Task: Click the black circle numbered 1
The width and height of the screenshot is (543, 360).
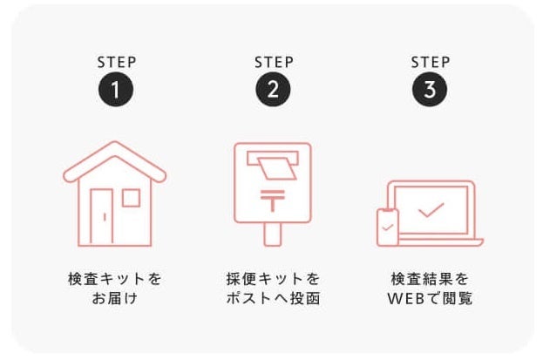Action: coord(116,89)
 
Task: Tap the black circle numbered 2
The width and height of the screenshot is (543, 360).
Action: coord(273,89)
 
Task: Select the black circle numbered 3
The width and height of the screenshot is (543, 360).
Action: coord(430,89)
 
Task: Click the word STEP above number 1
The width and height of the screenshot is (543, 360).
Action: coord(117,63)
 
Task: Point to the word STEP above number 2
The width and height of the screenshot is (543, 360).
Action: coord(274,63)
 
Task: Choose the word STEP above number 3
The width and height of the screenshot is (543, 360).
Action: coord(431,63)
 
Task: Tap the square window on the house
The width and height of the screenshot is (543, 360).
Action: coord(132,198)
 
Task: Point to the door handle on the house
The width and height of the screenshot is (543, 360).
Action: coord(105,217)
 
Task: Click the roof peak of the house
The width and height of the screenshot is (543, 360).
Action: coord(115,142)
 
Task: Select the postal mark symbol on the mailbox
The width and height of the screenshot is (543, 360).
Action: coord(273,200)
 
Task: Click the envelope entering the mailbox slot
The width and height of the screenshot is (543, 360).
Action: coord(277,168)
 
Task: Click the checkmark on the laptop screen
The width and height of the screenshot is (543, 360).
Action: coord(431,210)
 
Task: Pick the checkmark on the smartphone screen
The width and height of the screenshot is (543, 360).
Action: coord(388,228)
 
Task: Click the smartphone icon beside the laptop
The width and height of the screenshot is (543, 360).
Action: coord(388,228)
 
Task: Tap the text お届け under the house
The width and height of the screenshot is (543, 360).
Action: coord(115,298)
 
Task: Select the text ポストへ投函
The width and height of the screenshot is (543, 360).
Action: coord(273,298)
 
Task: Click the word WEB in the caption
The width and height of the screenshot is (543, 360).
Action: coord(406,299)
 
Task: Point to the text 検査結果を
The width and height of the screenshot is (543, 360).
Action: coord(430,279)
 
